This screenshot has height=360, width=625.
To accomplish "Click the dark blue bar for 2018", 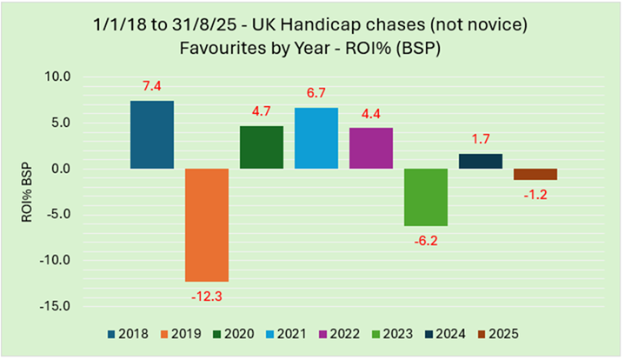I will [152, 135].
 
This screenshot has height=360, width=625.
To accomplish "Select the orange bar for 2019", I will [207, 224].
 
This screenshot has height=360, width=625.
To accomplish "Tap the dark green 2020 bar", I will [262, 147].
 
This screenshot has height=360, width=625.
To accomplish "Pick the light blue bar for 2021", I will [316, 138].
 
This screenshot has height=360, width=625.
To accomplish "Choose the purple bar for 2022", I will [371, 148].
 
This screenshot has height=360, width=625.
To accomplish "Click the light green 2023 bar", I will [426, 197].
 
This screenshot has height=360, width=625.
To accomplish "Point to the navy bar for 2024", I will [481, 161].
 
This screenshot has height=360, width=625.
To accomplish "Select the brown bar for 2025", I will [535, 174].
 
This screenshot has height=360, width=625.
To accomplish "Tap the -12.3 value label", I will [207, 297].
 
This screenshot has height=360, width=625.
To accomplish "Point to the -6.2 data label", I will [426, 241].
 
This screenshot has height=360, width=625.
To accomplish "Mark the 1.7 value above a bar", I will [481, 138].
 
